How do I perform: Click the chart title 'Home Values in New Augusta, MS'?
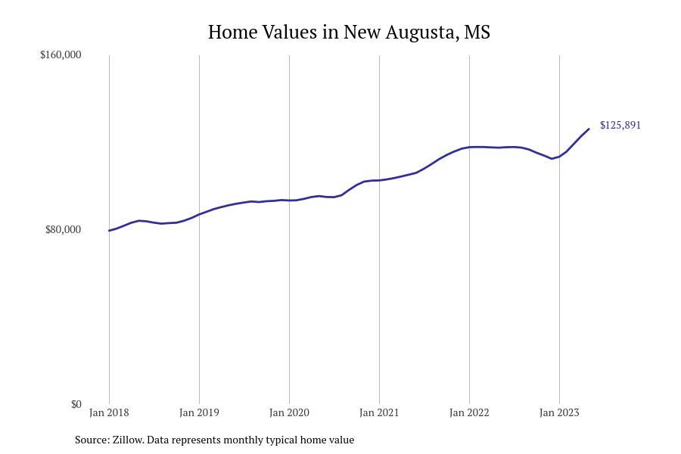pos(349,33)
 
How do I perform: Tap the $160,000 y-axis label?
pos(61,54)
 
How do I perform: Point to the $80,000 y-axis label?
pos(64,229)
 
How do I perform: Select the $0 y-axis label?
pos(76,404)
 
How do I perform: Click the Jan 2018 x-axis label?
pos(109,412)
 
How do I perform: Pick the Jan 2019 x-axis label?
pos(199,412)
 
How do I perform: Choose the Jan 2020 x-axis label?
pos(289,412)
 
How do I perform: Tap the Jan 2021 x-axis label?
pos(379,412)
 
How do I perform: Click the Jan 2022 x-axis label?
pos(469,412)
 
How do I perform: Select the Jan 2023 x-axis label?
pos(559,412)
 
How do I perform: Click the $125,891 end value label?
pos(620,125)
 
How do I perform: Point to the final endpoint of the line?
pos(589,129)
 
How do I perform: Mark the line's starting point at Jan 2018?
pos(109,231)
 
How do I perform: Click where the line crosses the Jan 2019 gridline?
pos(199,214)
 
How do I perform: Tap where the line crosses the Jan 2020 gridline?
pos(289,201)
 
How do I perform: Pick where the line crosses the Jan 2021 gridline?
pos(379,180)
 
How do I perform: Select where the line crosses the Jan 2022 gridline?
pos(469,147)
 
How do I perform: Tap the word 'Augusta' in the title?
pos(418,33)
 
